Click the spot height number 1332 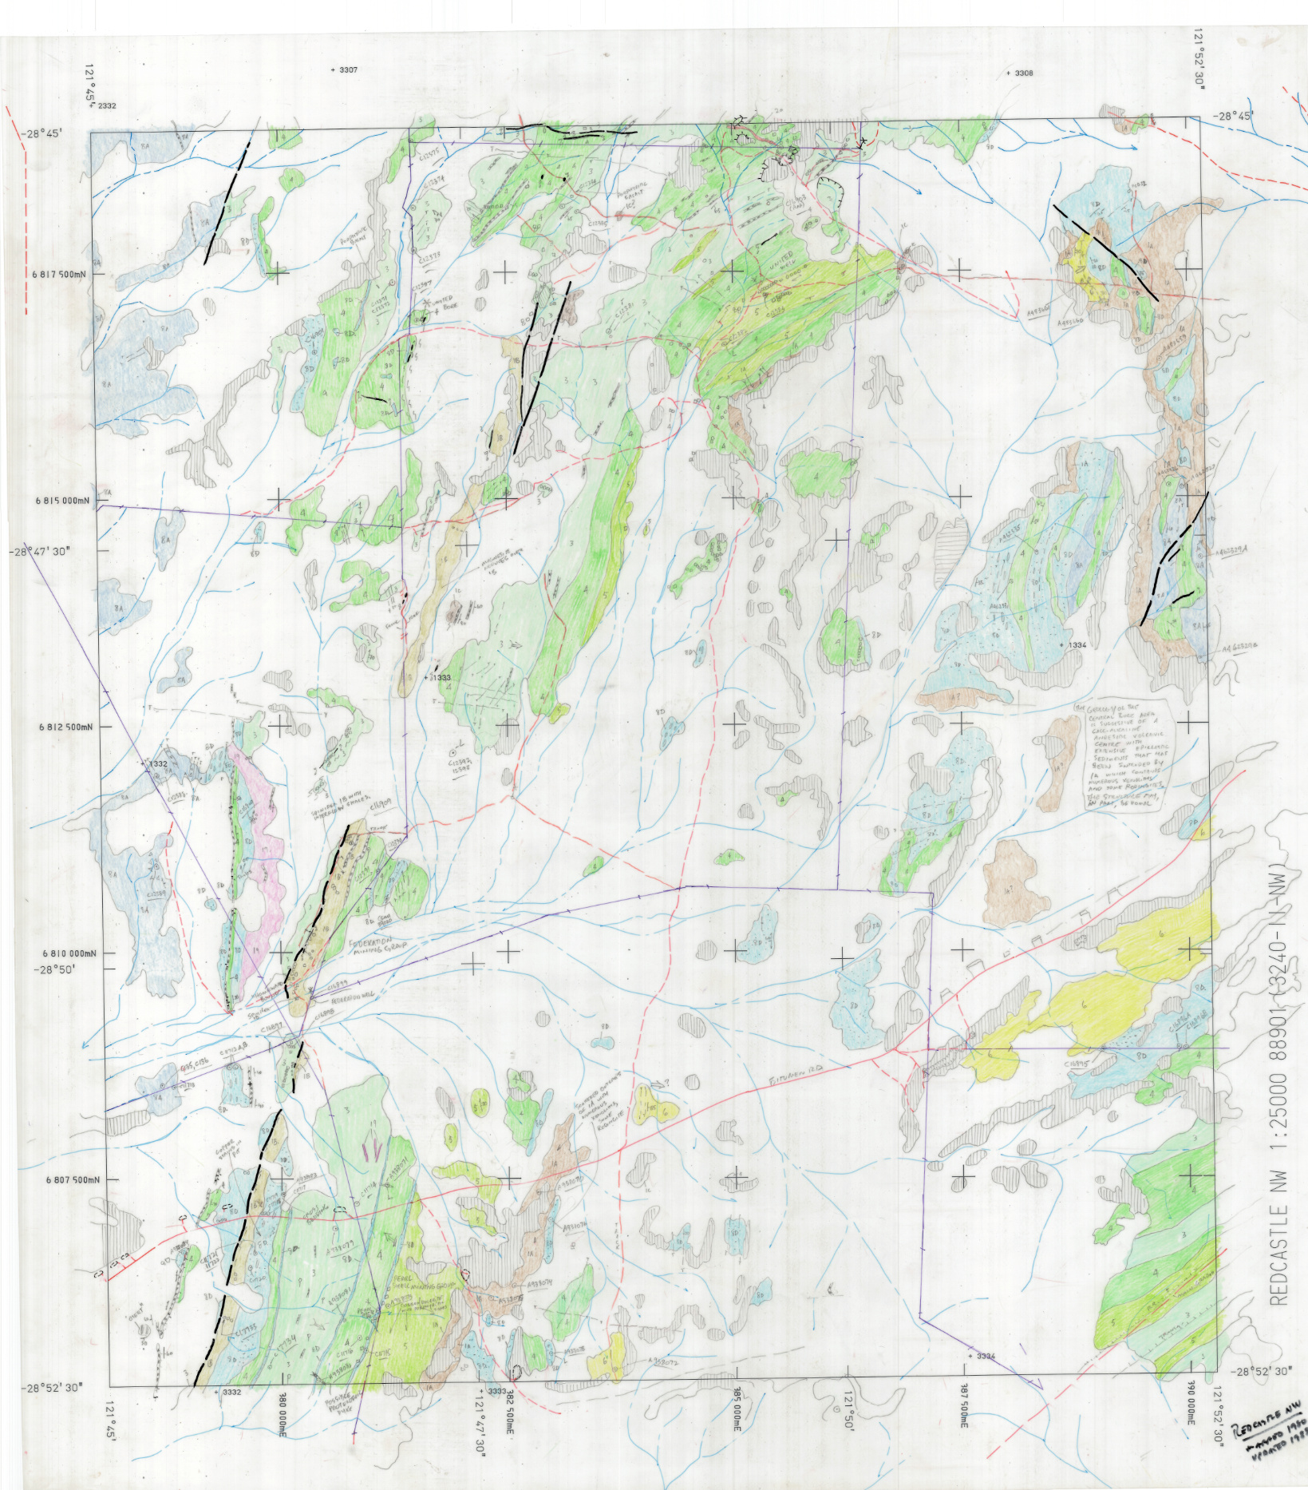(x=157, y=764)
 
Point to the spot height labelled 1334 (x=1077, y=644)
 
